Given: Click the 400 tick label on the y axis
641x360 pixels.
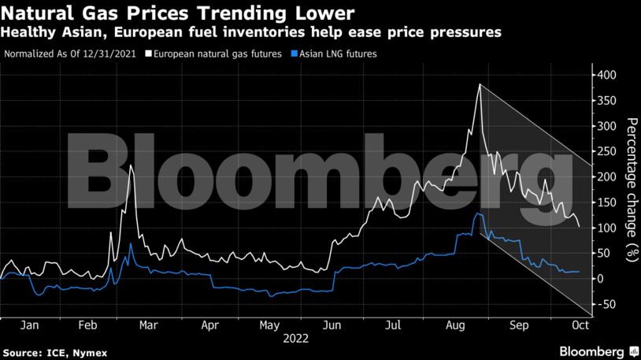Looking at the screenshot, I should (x=606, y=75).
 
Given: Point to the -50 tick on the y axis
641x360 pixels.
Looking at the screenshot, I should (x=606, y=304).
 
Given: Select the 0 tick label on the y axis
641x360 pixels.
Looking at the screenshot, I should (x=601, y=279).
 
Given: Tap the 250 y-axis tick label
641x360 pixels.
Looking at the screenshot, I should (x=606, y=151).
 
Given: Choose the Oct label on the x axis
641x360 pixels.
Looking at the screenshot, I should (x=580, y=324).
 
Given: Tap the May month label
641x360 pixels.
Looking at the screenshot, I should (x=269, y=324).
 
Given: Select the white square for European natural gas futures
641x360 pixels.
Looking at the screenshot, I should (x=148, y=55).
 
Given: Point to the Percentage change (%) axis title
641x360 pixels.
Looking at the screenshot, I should (x=631, y=189).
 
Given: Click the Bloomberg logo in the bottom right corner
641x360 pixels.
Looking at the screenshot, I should (x=598, y=350).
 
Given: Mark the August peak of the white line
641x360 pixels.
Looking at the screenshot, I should (x=480, y=84).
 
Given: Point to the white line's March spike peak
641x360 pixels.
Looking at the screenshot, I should (x=131, y=165).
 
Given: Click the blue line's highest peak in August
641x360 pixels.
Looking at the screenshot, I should (x=477, y=213).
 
